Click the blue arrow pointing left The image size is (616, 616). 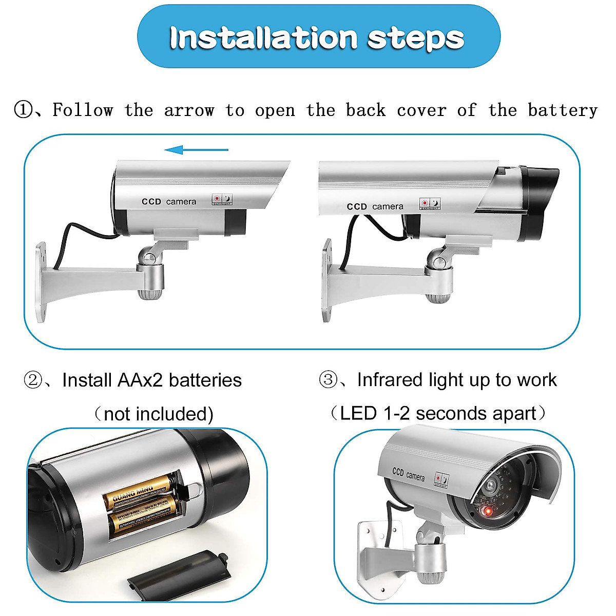pyautogui.click(x=196, y=150)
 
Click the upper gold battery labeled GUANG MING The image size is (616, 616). pyautogui.click(x=138, y=491)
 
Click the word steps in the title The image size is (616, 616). pyautogui.click(x=416, y=38)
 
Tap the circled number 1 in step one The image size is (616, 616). pyautogui.click(x=23, y=110)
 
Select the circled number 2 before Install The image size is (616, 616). pyautogui.click(x=33, y=380)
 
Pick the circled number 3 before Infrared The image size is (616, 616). pyautogui.click(x=328, y=380)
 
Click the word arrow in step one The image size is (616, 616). pyautogui.click(x=188, y=110)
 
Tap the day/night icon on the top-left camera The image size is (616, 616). pyautogui.click(x=223, y=200)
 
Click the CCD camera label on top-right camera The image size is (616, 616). pyautogui.click(x=375, y=206)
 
